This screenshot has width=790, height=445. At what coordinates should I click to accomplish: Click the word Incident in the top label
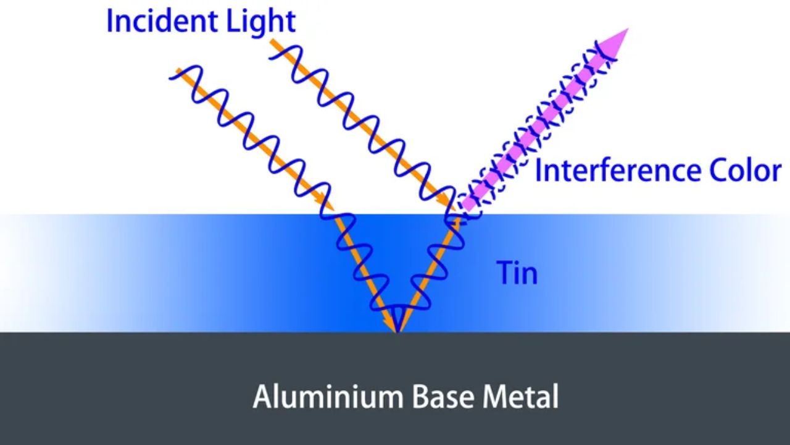[160, 21]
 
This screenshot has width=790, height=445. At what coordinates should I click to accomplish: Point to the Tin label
[517, 273]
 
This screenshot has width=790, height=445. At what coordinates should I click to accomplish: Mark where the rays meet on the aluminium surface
[397, 331]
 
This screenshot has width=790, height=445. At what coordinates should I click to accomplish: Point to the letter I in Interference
[538, 170]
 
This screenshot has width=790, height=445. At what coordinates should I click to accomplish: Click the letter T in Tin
[504, 273]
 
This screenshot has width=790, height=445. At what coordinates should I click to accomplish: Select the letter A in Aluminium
[262, 396]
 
